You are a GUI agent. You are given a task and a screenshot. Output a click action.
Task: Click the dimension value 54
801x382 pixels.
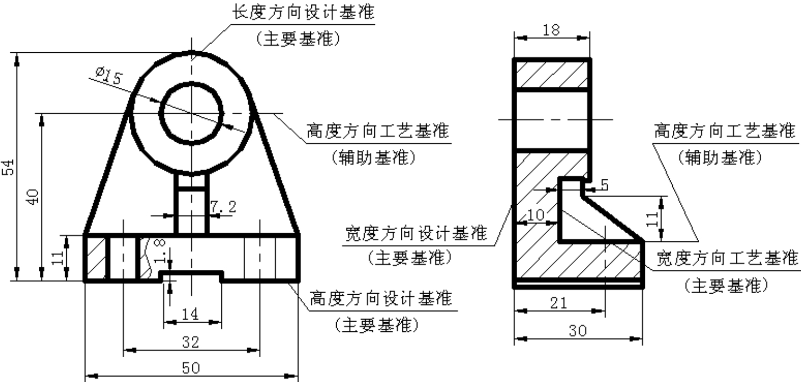9,167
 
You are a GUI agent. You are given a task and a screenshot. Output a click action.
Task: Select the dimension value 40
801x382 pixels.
33,197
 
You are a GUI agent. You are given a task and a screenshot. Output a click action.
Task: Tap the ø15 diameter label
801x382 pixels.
109,76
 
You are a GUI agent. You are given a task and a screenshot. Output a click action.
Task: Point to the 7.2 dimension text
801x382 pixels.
223,206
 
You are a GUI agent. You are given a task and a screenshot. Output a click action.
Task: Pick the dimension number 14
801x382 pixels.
190,314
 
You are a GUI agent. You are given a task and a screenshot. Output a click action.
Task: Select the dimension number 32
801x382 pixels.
190,342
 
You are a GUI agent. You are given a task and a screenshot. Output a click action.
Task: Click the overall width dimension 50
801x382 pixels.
191,368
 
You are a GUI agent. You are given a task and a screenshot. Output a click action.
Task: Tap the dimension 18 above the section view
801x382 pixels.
551,30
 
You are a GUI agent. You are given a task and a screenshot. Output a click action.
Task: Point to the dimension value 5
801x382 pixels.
604,185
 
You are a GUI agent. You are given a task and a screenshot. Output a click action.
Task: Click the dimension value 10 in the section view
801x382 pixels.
535,215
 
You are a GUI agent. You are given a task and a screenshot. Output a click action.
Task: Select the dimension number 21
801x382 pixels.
559,303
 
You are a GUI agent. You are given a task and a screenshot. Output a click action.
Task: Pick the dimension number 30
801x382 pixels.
578,331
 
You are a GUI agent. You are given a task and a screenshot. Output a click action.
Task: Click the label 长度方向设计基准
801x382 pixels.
303,12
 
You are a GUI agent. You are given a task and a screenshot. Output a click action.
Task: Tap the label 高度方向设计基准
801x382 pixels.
380,298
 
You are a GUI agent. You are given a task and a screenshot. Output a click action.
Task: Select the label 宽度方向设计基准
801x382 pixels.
416,233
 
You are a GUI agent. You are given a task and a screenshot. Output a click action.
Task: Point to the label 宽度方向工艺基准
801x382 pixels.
728,258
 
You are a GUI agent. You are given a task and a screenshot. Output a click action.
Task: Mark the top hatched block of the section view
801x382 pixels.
552,74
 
